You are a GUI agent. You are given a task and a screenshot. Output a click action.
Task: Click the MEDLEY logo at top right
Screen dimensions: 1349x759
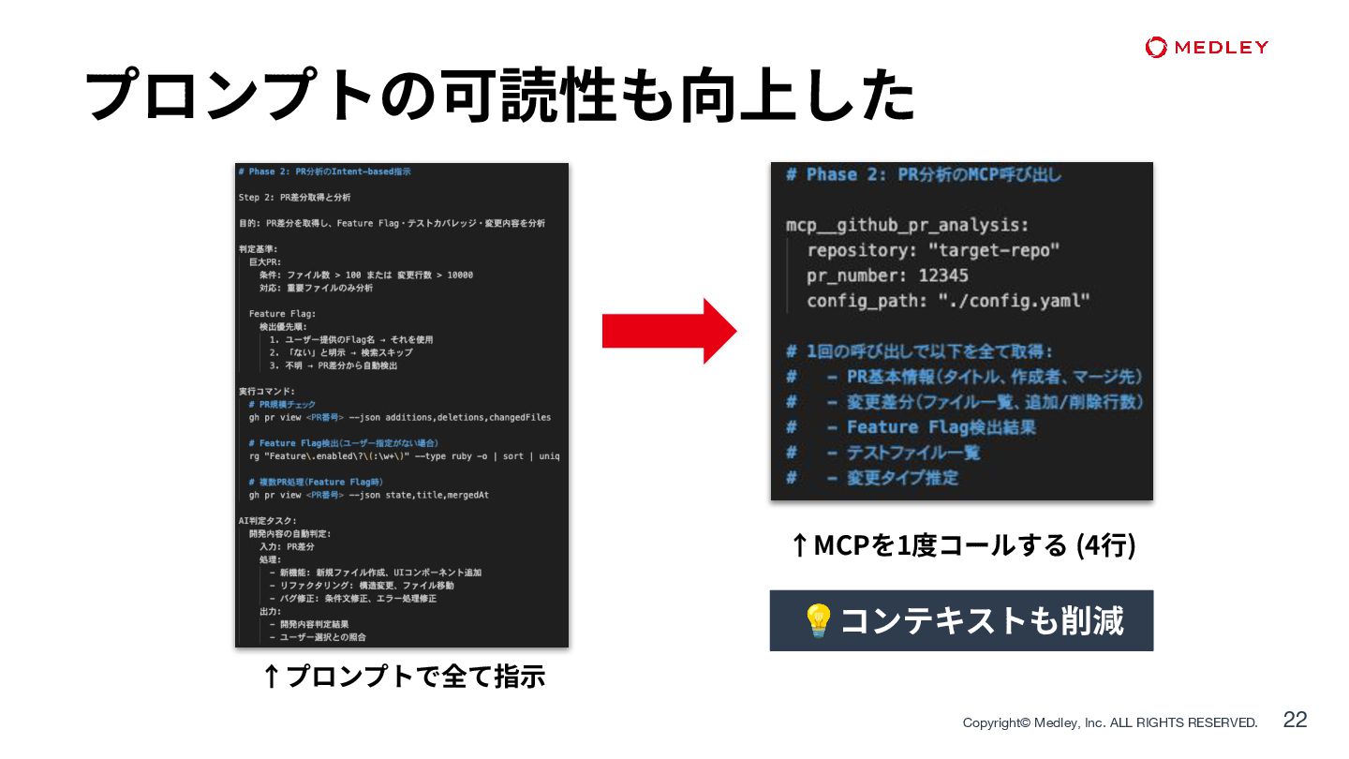(x=1207, y=48)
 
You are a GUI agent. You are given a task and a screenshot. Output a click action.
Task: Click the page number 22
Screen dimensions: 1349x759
(x=1295, y=720)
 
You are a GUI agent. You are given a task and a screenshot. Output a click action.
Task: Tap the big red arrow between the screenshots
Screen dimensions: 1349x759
(x=669, y=331)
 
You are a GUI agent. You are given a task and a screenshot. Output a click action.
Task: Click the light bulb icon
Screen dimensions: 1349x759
(x=819, y=620)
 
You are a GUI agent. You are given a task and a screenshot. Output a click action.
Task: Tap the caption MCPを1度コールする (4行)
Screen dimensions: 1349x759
(x=962, y=544)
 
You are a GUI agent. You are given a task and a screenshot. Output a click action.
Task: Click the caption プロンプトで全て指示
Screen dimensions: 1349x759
(x=404, y=676)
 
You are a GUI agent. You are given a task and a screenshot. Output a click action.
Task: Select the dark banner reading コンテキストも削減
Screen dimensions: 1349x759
(x=961, y=620)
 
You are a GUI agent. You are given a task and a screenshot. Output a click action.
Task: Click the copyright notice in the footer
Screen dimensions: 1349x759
(x=1110, y=722)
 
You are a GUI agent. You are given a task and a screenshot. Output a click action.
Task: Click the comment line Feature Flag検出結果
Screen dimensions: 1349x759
(x=941, y=427)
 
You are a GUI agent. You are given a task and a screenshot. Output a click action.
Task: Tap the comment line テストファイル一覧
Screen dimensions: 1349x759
(x=912, y=453)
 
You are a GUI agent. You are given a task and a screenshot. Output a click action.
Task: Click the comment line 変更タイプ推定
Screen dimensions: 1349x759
(x=902, y=478)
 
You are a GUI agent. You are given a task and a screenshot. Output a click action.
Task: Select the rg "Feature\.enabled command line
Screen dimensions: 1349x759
(x=404, y=456)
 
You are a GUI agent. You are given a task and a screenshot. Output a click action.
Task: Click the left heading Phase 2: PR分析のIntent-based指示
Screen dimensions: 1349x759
(x=324, y=172)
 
